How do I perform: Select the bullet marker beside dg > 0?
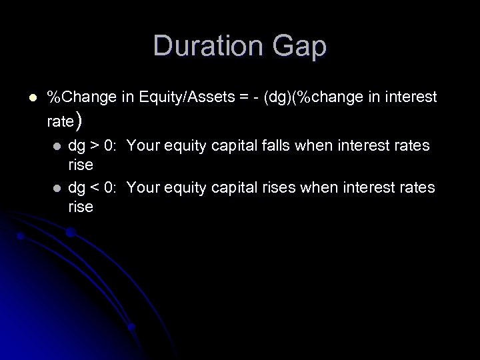57,145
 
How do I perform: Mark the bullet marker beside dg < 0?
57,189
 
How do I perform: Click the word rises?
277,189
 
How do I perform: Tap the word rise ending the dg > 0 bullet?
81,164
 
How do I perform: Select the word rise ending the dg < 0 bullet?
81,207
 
